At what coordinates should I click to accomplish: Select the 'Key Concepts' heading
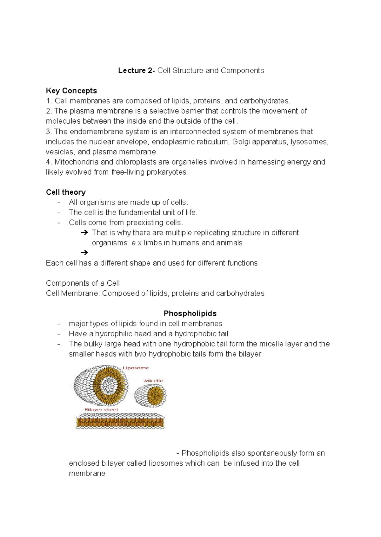pos(71,91)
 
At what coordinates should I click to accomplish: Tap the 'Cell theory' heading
pos(66,192)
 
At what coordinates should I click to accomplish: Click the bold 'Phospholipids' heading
pos(190,314)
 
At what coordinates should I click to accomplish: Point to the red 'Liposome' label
pos(136,368)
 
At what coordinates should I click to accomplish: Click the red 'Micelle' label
pos(154,380)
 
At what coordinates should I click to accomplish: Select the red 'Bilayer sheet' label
pos(101,410)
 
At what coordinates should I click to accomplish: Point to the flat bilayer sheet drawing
pos(120,422)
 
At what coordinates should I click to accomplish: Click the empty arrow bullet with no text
pos(84,253)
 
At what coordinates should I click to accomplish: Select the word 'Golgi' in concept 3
pos(241,142)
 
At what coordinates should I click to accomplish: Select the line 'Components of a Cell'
pos(83,283)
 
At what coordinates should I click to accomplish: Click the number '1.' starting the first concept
pos(49,101)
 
